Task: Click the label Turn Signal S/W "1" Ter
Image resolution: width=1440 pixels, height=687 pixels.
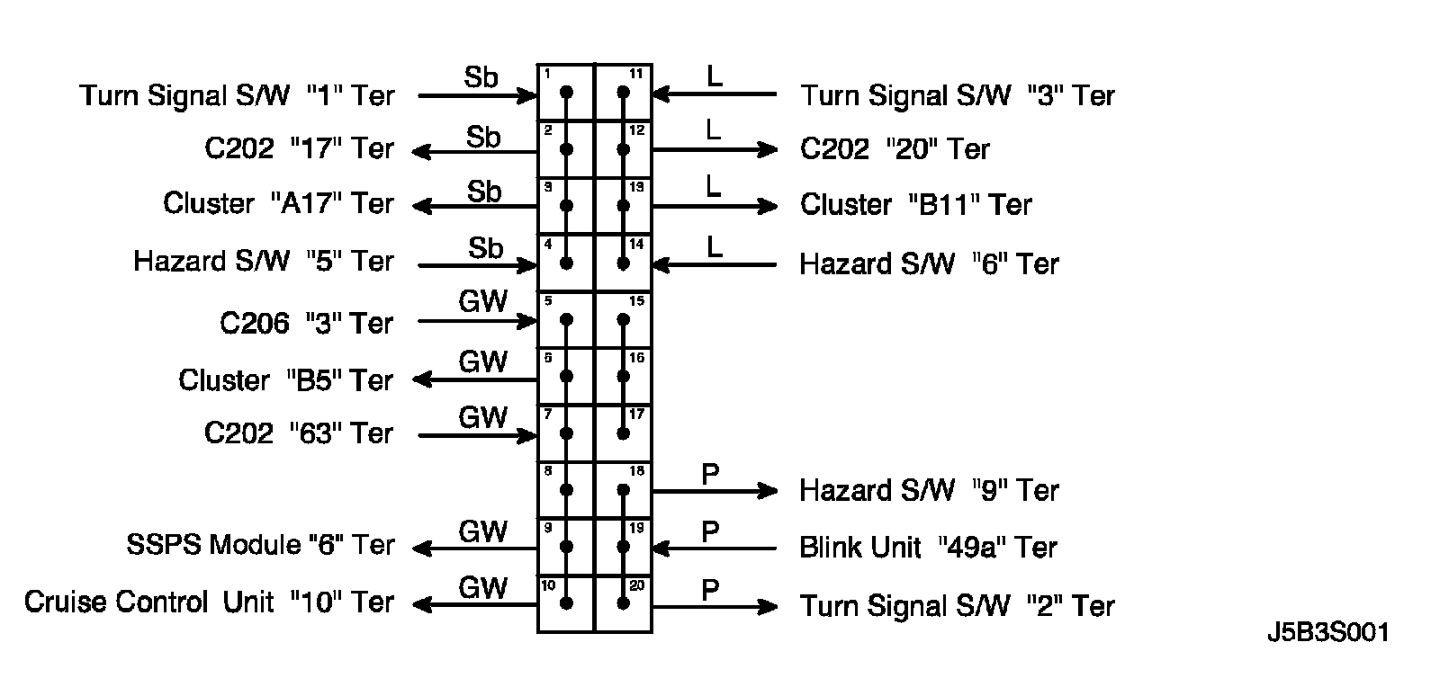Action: click(x=237, y=95)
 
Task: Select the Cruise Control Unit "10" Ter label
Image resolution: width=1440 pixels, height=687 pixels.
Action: click(x=209, y=602)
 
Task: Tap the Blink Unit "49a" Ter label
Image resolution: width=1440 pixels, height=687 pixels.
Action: click(x=928, y=548)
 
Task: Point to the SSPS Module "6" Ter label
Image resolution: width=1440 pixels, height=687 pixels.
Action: click(x=260, y=545)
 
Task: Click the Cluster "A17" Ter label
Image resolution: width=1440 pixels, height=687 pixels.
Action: click(x=278, y=203)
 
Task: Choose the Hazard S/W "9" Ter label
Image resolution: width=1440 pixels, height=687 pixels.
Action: click(x=929, y=490)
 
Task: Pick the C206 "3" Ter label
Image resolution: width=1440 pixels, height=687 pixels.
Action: click(x=306, y=323)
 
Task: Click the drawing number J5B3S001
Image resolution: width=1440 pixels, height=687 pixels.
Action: click(x=1327, y=632)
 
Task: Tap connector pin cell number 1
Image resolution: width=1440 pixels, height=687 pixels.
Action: click(x=566, y=93)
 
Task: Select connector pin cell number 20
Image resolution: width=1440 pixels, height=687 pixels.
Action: click(x=623, y=604)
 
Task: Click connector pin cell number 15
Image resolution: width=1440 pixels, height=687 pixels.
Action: click(x=623, y=320)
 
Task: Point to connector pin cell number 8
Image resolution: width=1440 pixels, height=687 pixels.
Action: click(x=566, y=490)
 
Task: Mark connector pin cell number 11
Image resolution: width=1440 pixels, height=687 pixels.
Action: click(x=623, y=93)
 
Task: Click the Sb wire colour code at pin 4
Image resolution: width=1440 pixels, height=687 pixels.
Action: click(x=485, y=247)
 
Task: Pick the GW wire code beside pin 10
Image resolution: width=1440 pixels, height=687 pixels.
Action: click(x=483, y=587)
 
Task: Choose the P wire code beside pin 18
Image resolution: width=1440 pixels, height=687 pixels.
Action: click(x=710, y=474)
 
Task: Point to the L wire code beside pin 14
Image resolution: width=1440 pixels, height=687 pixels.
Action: click(x=714, y=247)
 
